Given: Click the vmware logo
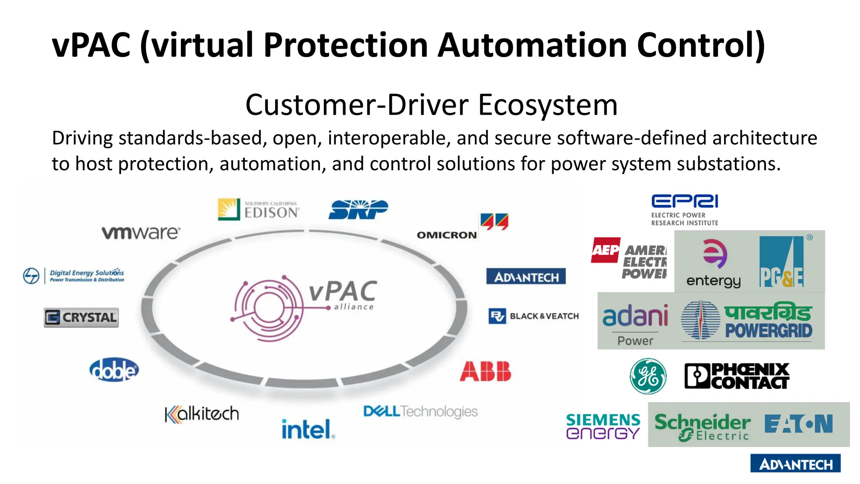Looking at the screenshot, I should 141,233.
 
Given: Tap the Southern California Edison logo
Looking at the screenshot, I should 259,209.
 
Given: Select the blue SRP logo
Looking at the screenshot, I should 358,209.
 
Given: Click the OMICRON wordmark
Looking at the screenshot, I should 447,235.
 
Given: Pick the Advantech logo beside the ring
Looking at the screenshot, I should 526,277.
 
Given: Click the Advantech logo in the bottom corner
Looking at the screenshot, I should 795,464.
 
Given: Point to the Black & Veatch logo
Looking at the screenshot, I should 534,316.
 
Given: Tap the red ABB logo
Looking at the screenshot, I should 485,371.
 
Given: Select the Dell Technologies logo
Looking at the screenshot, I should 420,411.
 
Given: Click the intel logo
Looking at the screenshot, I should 308,429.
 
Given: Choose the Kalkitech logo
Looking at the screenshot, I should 202,414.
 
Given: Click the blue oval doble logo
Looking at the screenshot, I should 114,370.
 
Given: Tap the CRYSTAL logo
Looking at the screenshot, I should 81,318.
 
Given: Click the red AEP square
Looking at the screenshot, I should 605,250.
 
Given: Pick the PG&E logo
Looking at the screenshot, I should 781,262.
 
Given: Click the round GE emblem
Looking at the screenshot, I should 648,376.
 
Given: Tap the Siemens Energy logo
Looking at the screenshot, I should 603,426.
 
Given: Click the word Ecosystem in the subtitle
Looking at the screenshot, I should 548,105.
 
